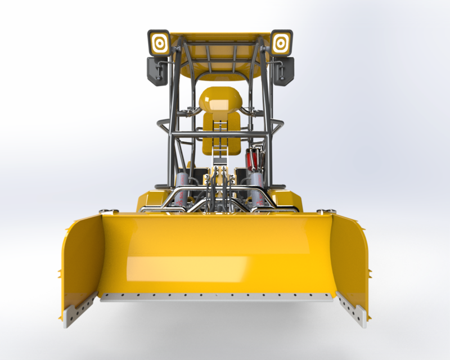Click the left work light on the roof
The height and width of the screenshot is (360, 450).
[x=159, y=42]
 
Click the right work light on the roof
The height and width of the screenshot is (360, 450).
[x=281, y=42]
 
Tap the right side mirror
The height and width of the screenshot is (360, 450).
[x=284, y=71]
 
